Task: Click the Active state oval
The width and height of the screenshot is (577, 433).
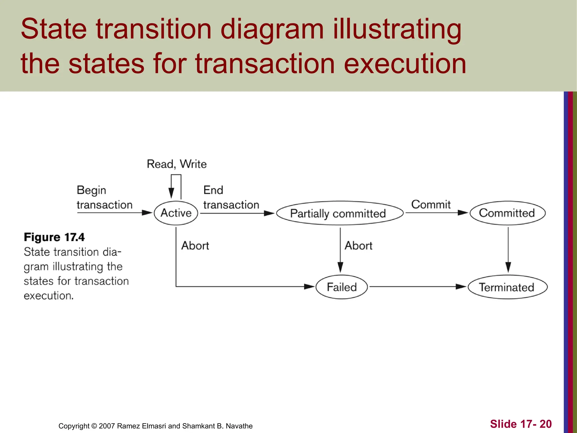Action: click(176, 213)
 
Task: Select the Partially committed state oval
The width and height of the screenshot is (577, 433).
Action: click(339, 213)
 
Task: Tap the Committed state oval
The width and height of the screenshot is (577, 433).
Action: click(507, 213)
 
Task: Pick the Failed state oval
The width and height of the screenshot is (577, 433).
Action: click(341, 287)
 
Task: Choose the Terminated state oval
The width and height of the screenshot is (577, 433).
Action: click(507, 287)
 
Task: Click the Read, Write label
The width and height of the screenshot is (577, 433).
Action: click(177, 164)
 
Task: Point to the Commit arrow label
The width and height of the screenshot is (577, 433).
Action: click(431, 204)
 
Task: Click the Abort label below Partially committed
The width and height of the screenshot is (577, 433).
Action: click(358, 246)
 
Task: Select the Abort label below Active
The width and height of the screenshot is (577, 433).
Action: click(195, 246)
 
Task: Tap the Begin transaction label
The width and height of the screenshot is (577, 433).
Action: click(104, 197)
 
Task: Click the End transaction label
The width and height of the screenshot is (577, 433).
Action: click(231, 197)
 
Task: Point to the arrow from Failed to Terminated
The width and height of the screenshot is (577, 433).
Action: click(417, 287)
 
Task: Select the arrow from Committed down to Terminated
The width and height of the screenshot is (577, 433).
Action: click(508, 249)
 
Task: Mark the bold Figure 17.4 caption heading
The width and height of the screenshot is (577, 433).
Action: click(54, 237)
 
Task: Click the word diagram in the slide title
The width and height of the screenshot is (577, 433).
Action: click(272, 29)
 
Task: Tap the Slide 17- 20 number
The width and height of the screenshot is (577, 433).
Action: click(521, 424)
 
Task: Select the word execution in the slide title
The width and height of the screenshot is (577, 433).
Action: click(405, 64)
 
